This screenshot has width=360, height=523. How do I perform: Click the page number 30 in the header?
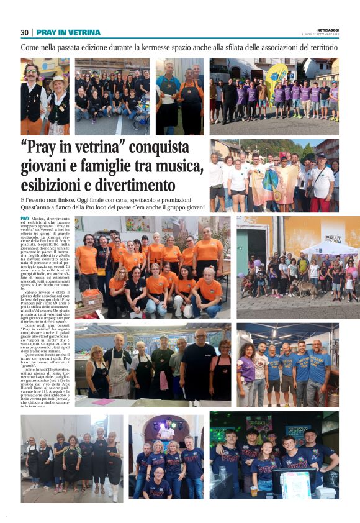click(x=25, y=32)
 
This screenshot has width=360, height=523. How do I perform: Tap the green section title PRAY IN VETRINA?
click(x=68, y=32)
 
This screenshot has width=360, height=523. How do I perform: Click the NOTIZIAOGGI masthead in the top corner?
click(x=325, y=29)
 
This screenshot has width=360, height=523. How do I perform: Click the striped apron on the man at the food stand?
click(x=119, y=373)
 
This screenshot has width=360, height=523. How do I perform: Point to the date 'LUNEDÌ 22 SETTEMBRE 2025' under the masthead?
click(x=321, y=35)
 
